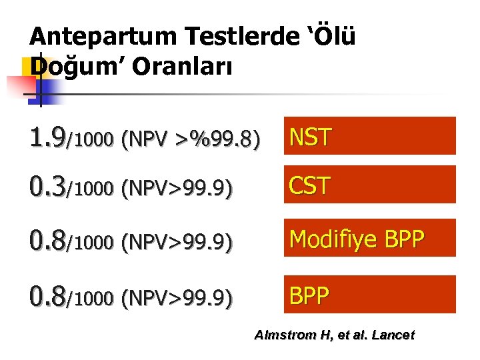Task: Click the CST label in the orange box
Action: pyautogui.click(x=309, y=185)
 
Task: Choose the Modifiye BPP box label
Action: pyautogui.click(x=356, y=239)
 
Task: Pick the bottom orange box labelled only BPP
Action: pyautogui.click(x=370, y=295)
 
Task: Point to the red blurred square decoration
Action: pyautogui.click(x=20, y=87)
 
